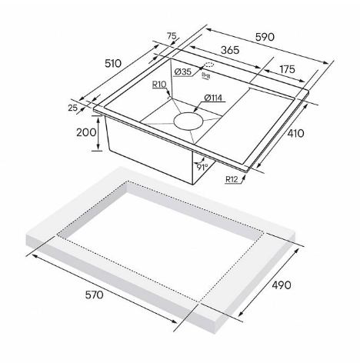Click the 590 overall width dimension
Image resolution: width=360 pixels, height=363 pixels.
265,37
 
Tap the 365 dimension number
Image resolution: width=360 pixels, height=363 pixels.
230,50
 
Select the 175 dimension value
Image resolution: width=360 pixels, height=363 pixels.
287,69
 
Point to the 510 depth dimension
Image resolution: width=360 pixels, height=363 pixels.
113,63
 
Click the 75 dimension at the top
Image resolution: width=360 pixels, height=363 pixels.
172,36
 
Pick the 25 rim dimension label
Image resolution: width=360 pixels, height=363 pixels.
73,108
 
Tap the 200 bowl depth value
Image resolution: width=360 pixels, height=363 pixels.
86,132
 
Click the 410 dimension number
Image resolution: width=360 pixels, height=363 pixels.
295,133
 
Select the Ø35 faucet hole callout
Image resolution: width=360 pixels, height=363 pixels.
183,72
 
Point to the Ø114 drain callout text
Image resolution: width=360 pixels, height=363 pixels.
213,98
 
